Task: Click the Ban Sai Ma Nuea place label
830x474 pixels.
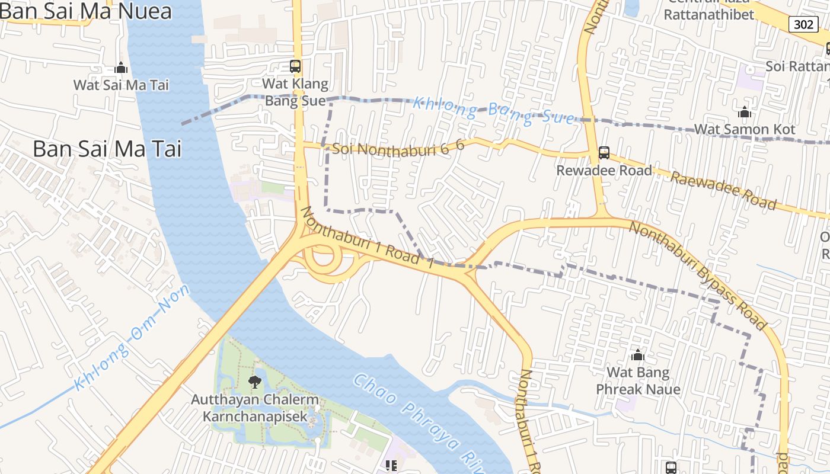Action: [x=86, y=11]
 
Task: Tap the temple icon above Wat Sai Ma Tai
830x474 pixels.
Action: [x=121, y=68]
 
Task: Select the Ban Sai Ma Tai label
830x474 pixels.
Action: [x=107, y=149]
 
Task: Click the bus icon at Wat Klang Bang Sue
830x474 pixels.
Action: [x=295, y=66]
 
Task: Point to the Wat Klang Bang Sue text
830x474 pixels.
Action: [x=295, y=92]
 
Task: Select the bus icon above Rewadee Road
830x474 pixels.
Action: [x=604, y=153]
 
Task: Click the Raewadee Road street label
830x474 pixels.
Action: [x=723, y=191]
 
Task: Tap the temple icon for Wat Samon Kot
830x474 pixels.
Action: [x=745, y=112]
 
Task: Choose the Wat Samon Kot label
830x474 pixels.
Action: [x=745, y=129]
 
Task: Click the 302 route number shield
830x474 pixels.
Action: [x=803, y=24]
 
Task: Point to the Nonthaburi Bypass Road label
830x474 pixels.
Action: [x=698, y=276]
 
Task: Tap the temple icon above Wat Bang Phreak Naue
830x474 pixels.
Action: [x=638, y=355]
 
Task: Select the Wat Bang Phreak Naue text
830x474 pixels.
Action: [x=638, y=381]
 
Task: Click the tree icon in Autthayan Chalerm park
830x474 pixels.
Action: [x=255, y=382]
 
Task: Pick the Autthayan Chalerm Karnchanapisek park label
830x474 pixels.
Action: [x=255, y=408]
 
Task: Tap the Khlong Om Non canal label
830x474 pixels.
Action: [x=131, y=338]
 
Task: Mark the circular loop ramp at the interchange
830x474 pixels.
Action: [x=323, y=261]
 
